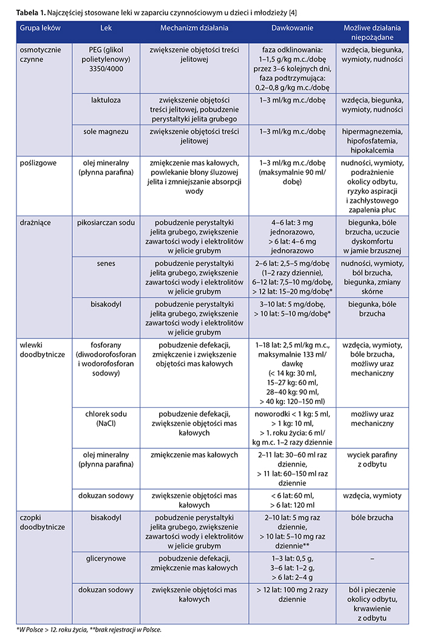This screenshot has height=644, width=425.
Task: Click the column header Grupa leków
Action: pos(38,29)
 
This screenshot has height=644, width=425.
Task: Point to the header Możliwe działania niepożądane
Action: pos(372,34)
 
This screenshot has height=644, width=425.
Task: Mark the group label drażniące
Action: pos(35,222)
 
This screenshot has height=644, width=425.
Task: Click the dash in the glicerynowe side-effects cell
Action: pos(372,557)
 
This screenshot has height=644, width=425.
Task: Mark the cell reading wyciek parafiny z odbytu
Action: pos(372,460)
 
